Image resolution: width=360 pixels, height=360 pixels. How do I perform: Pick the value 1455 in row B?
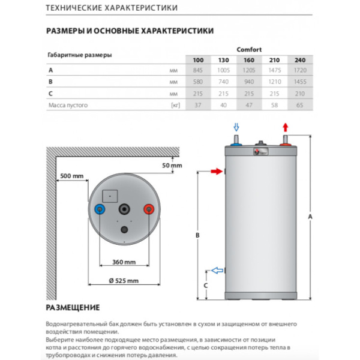click(x=298, y=82)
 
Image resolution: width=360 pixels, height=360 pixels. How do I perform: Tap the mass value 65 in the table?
click(x=298, y=105)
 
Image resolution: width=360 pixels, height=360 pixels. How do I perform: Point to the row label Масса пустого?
click(x=68, y=105)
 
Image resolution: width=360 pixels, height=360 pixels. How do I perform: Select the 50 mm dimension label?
click(x=172, y=165)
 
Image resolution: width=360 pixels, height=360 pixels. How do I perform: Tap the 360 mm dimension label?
click(x=124, y=262)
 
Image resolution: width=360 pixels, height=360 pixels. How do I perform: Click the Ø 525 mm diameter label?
click(x=124, y=281)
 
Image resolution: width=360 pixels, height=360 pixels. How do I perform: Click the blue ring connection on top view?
click(x=100, y=209)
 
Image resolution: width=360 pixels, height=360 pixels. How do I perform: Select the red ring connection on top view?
click(x=149, y=209)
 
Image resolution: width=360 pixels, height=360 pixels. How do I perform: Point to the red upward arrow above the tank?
click(x=286, y=127)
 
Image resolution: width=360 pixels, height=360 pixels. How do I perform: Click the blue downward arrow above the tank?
click(x=236, y=127)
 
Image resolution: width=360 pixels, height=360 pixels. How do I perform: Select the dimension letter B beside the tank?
click(x=197, y=235)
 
